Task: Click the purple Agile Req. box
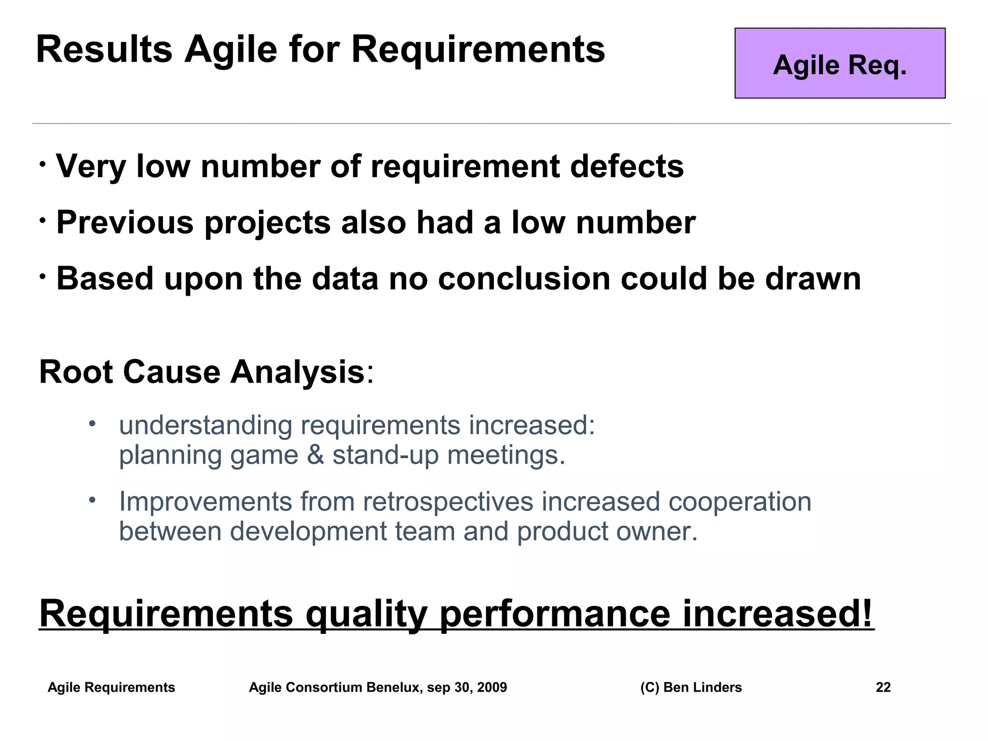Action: point(839,63)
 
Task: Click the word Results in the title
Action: point(104,50)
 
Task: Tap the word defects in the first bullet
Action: point(627,166)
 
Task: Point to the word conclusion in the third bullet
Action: point(524,279)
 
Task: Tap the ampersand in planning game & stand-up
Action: point(316,455)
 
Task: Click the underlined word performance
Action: point(555,614)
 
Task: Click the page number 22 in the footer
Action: point(883,687)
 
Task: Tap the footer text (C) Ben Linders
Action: point(691,687)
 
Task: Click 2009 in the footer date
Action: point(492,687)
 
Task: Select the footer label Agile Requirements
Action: point(111,687)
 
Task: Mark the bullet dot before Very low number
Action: point(43,165)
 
